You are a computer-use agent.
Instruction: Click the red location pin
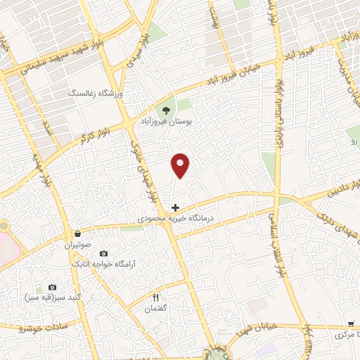click(181, 165)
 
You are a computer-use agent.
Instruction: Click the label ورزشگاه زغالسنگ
click(95, 93)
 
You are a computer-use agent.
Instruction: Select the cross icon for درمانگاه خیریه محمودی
click(175, 208)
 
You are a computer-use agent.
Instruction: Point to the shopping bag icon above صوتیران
click(77, 234)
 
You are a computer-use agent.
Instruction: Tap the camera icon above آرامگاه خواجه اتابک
click(104, 253)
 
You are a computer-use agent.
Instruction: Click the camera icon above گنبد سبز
click(52, 288)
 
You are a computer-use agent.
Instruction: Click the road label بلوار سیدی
click(134, 60)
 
